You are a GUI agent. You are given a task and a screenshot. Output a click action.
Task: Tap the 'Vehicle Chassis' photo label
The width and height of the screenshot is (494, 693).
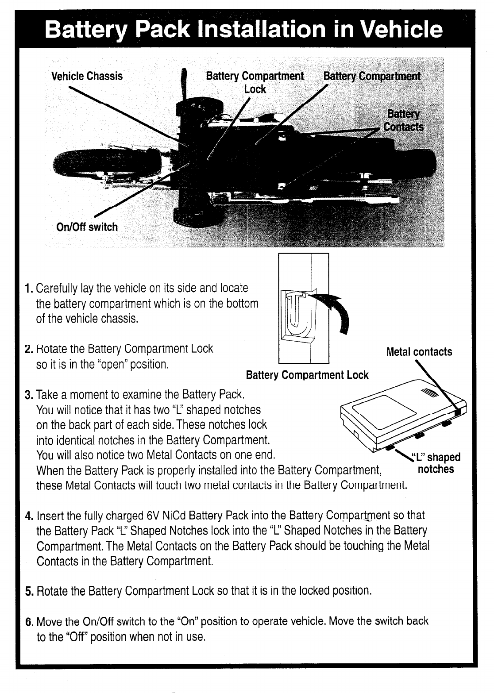click(87, 76)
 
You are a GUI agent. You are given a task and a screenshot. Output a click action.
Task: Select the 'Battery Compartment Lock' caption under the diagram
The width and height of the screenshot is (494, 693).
click(307, 375)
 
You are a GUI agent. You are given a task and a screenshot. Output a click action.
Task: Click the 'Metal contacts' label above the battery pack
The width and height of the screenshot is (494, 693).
click(419, 352)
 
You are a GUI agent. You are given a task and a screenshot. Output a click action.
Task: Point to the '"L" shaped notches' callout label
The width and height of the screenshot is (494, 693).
click(436, 463)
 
